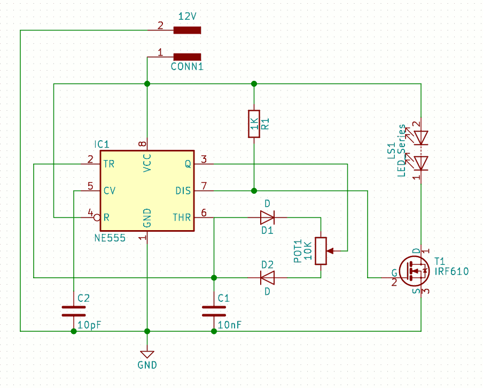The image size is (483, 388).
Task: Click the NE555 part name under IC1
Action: (110, 238)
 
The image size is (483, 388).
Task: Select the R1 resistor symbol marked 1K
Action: (254, 124)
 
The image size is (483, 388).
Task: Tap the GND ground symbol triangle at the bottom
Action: (147, 354)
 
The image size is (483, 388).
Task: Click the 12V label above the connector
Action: (188, 17)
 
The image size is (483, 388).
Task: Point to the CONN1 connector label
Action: (188, 66)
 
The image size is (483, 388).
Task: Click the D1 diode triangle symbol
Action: (267, 217)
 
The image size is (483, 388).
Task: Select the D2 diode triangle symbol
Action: (267, 278)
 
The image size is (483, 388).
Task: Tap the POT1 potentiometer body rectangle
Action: (321, 251)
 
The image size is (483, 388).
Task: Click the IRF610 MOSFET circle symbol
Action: (414, 271)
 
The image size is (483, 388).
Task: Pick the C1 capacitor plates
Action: (214, 311)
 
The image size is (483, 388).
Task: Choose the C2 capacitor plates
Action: (74, 311)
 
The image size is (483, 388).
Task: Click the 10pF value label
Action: (89, 325)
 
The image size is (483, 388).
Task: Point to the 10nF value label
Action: (230, 325)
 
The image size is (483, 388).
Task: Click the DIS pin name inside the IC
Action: (183, 191)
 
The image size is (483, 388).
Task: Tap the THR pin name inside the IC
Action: (182, 217)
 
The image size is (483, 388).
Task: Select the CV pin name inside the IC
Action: (110, 191)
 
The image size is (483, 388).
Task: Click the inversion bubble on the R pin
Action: (97, 217)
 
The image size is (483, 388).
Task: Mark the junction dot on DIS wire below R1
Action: (254, 191)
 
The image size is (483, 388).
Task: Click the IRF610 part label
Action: (451, 271)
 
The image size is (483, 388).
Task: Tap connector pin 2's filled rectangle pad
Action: (188, 30)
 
